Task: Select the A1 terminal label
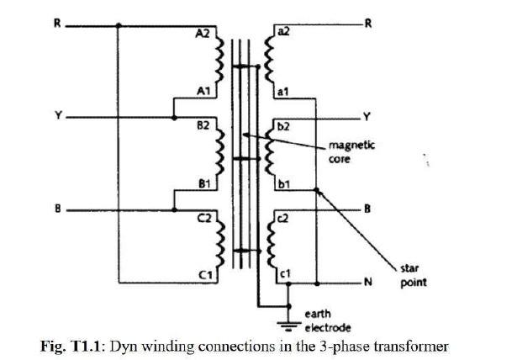[203, 89]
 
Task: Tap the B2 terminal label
[203, 125]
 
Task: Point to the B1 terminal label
[203, 181]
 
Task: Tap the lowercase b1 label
[282, 181]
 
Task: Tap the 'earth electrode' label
[327, 320]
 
